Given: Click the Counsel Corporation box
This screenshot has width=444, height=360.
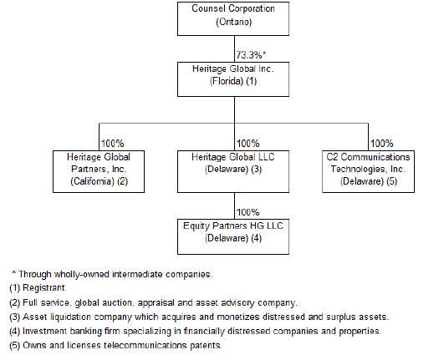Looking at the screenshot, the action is click(233, 18).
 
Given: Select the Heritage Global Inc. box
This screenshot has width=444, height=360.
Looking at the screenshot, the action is click(233, 79).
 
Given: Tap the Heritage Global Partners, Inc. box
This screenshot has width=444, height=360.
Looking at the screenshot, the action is click(99, 172).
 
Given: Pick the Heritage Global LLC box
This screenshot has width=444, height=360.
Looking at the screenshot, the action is click(233, 172).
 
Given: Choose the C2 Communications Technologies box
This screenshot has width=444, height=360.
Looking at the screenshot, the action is click(368, 172).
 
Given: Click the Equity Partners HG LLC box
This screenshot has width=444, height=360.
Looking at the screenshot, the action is click(233, 236).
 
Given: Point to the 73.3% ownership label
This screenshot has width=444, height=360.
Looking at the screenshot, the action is click(251, 55).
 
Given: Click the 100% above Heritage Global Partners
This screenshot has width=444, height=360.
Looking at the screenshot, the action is click(112, 144).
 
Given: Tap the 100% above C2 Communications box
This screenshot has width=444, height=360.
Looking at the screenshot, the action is click(381, 144).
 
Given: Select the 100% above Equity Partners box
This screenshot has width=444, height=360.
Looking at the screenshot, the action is click(248, 212).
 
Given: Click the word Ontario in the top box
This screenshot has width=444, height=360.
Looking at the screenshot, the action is click(233, 22).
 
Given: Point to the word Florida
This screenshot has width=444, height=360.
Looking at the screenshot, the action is click(227, 81).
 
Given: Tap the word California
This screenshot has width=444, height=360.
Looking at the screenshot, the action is click(92, 181).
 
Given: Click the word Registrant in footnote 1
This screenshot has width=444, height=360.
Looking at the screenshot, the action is click(43, 288).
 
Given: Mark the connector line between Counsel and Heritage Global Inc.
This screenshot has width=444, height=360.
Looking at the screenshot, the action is click(234, 49).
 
